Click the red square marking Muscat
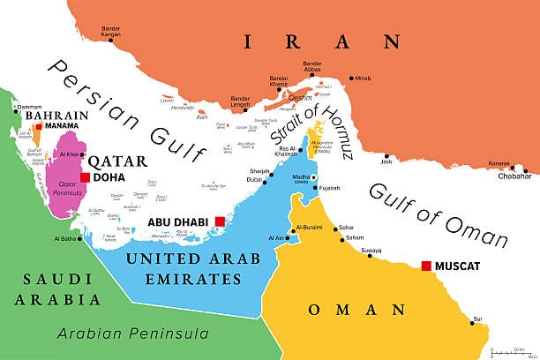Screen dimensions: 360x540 coord(426,266)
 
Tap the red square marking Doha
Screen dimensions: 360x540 coord(85,177)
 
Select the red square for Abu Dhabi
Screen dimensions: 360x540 coord(219,222)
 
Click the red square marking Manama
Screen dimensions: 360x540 coord(38,126)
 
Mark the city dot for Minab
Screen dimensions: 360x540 coord(353,78)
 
